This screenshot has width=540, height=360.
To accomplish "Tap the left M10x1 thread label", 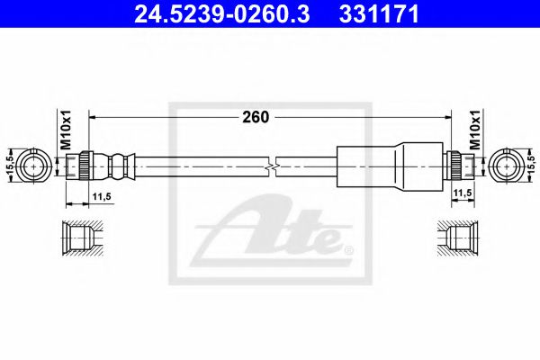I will point(65,131).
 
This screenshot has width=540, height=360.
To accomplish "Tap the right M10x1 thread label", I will point(475,131).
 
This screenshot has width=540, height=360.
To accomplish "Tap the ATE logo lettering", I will point(279,232).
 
